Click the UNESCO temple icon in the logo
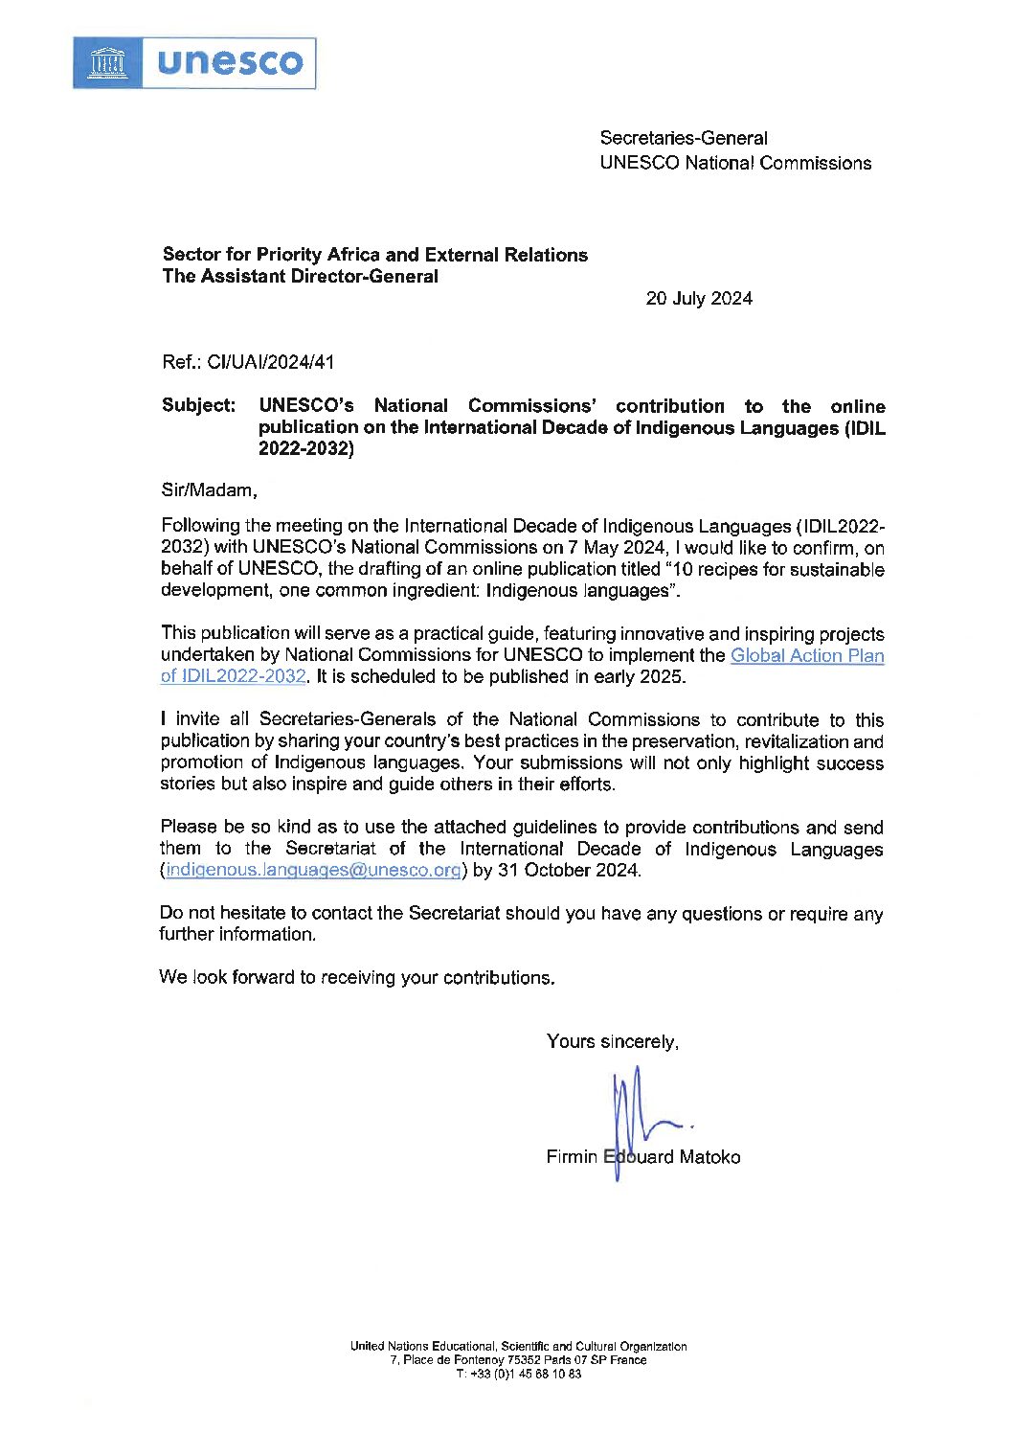[107, 63]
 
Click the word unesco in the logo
[230, 63]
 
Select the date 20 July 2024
[699, 298]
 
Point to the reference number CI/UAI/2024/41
[271, 362]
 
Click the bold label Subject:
[198, 405]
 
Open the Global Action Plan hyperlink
[806, 656]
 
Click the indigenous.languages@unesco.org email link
[313, 870]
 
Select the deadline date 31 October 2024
[569, 870]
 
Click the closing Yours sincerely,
[613, 1041]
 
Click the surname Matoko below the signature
[709, 1157]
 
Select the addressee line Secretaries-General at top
[684, 138]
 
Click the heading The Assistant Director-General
[301, 277]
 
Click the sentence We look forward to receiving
[356, 977]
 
